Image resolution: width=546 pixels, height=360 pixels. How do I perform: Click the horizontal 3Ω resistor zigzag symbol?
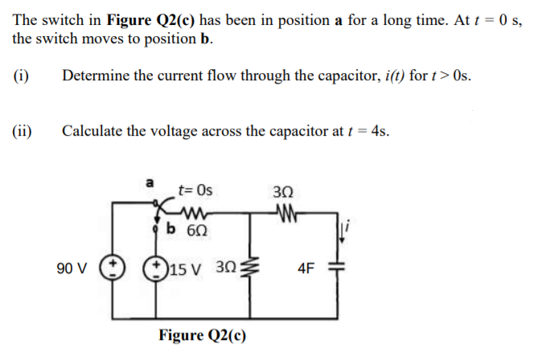point(285,212)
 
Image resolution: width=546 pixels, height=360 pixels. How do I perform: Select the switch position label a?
point(148,184)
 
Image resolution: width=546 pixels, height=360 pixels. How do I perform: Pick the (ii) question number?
point(23,131)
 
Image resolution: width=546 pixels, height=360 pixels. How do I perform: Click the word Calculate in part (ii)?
point(92,131)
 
